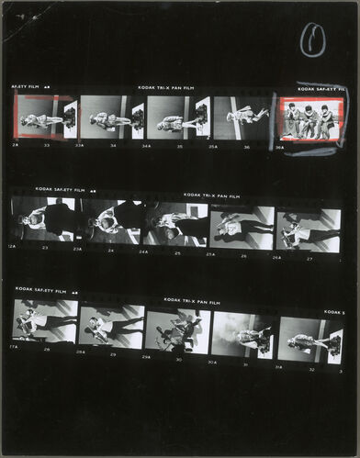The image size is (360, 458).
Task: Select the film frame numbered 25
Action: point(176,227)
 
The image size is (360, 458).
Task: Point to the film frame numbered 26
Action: point(242,228)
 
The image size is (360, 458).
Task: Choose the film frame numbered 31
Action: point(242,335)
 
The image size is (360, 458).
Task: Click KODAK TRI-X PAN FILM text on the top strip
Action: point(167,88)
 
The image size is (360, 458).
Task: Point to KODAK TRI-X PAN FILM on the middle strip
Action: point(211,195)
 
